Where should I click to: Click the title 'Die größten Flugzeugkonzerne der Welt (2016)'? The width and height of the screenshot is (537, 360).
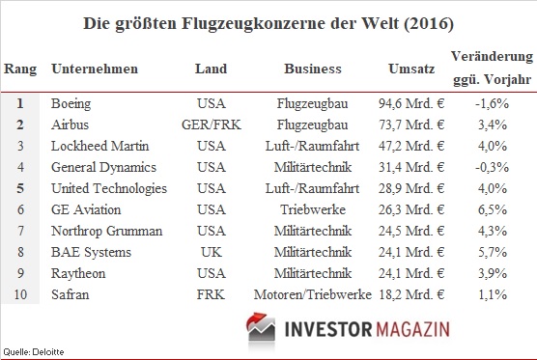268,21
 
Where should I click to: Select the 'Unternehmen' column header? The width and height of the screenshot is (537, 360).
94,69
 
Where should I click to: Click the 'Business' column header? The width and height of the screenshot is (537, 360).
313,69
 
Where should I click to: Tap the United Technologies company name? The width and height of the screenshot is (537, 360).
108,188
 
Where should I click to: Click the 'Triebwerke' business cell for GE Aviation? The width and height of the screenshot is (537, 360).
313,209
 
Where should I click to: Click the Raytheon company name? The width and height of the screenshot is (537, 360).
76,272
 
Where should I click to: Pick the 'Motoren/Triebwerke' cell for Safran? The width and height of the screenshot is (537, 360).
313,293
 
